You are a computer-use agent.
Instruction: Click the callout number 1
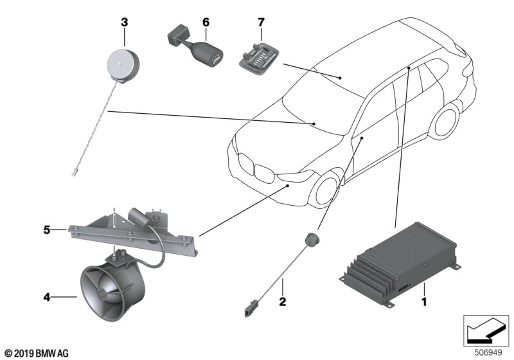(x=424, y=301)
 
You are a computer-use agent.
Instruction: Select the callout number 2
(x=283, y=301)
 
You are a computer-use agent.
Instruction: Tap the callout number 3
(x=124, y=22)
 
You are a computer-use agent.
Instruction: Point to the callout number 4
(x=47, y=297)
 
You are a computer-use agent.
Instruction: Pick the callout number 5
(x=47, y=230)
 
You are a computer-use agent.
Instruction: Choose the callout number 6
(x=206, y=22)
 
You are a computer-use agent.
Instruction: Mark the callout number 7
(x=261, y=22)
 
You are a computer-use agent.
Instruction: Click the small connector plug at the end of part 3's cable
(x=73, y=172)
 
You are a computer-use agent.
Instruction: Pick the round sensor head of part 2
(x=312, y=239)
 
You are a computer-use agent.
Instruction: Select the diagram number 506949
(x=488, y=353)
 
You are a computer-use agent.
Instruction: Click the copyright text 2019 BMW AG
(x=37, y=354)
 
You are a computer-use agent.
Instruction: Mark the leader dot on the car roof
(x=341, y=78)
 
